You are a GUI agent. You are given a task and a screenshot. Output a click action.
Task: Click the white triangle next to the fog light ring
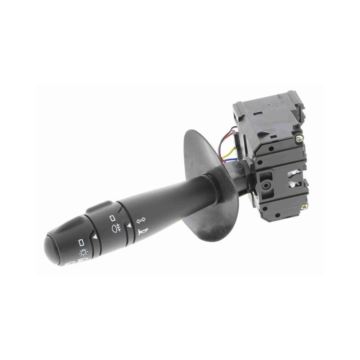[129, 225]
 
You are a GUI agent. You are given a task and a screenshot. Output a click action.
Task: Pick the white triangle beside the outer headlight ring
[95, 237]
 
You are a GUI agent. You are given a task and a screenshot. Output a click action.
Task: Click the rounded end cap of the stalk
[54, 248]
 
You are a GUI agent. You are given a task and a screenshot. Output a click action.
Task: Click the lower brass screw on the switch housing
[305, 207]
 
